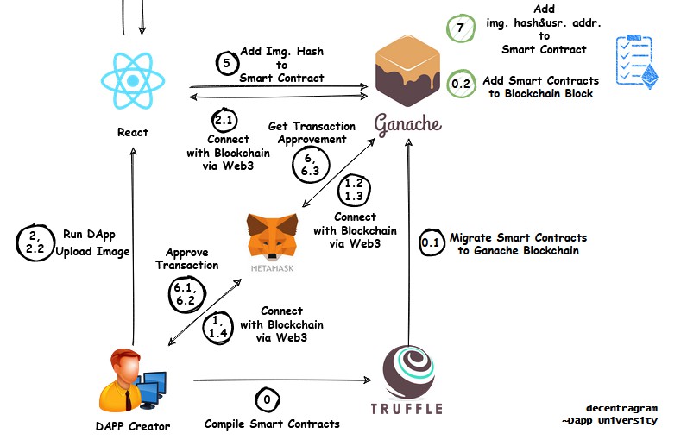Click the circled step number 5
(x=226, y=63)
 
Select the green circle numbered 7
(x=460, y=28)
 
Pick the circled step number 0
(x=266, y=400)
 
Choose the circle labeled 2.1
(x=224, y=121)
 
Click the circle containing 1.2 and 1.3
(x=354, y=190)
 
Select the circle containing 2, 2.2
(x=35, y=242)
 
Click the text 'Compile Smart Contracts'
(x=272, y=424)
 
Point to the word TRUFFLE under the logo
(x=407, y=408)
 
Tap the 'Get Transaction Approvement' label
(x=307, y=132)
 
